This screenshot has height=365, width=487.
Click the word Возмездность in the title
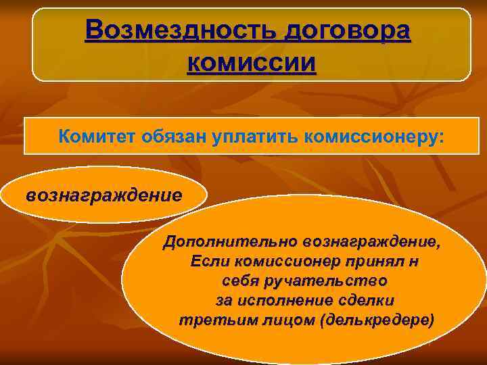point(181,30)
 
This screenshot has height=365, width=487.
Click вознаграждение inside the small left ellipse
point(103,195)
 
